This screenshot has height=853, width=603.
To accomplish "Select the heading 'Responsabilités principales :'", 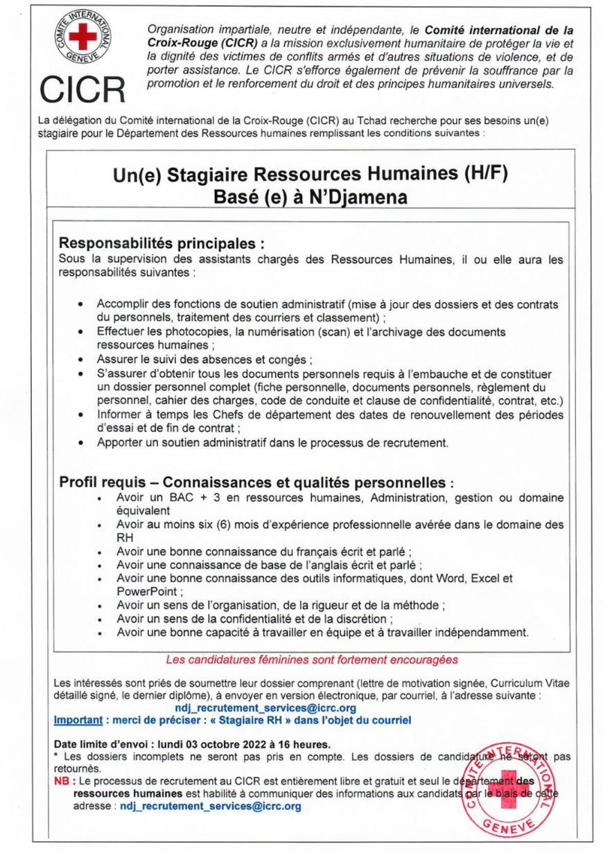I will [162, 244].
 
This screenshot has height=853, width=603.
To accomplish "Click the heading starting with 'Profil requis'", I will [256, 481].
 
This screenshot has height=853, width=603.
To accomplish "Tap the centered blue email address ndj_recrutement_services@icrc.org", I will [267, 707].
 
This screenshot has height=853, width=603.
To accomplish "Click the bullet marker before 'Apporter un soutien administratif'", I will [82, 441].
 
